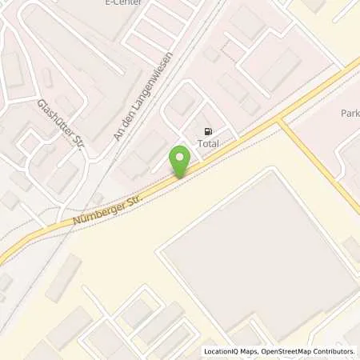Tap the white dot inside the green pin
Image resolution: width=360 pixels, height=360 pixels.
coord(181,157)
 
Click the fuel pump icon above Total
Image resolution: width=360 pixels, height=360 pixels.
coord(208,132)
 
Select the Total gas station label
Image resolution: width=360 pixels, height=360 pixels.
coord(208,144)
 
